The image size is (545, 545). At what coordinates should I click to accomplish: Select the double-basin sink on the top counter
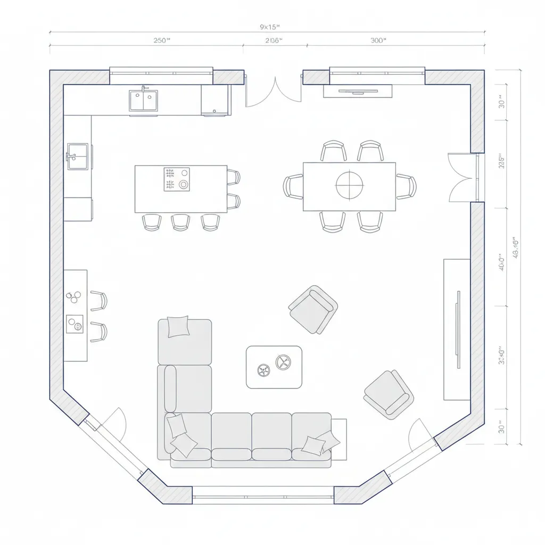143,101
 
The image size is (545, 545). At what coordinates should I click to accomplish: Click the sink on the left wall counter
78,156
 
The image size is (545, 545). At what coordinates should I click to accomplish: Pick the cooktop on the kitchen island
177,179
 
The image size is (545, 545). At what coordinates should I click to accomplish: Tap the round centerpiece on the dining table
349,186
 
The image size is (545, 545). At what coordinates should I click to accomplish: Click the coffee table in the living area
274,367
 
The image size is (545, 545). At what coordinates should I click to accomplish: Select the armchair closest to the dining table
313,309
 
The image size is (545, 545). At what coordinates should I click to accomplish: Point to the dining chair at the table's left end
293,187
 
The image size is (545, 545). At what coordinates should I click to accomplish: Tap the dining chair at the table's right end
407,187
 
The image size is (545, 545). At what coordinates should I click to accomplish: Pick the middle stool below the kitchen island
180,222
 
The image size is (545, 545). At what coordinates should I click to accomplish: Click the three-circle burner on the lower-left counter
73,295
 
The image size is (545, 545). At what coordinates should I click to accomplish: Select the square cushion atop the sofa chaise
178,326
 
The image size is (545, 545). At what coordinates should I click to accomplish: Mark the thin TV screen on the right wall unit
457,329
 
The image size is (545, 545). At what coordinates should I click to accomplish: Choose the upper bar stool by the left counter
99,301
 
